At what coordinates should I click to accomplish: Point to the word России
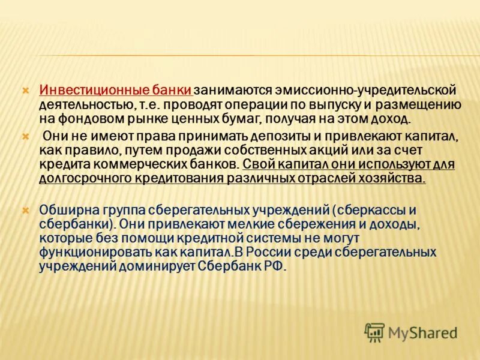(279, 251)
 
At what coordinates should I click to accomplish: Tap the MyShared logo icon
(374, 331)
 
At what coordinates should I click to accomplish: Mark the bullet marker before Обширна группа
(26, 210)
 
